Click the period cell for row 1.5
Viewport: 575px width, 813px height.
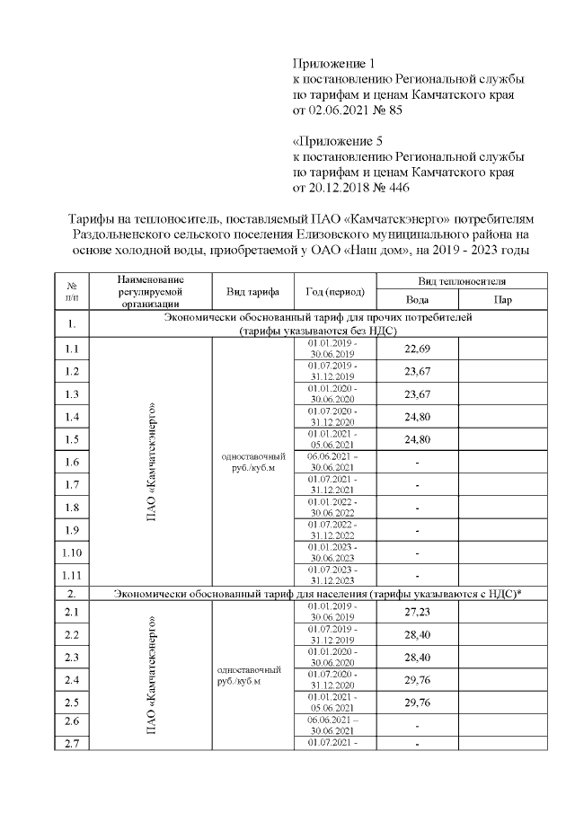point(332,439)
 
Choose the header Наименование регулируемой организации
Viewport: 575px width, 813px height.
point(150,292)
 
